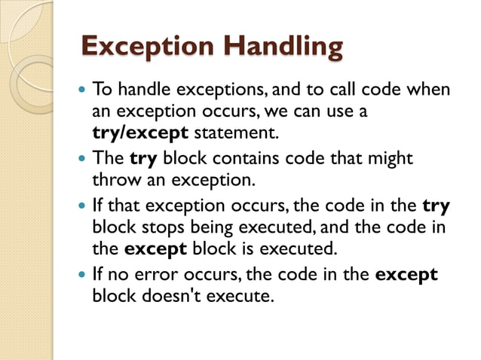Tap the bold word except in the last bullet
pyautogui.click(x=406, y=274)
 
